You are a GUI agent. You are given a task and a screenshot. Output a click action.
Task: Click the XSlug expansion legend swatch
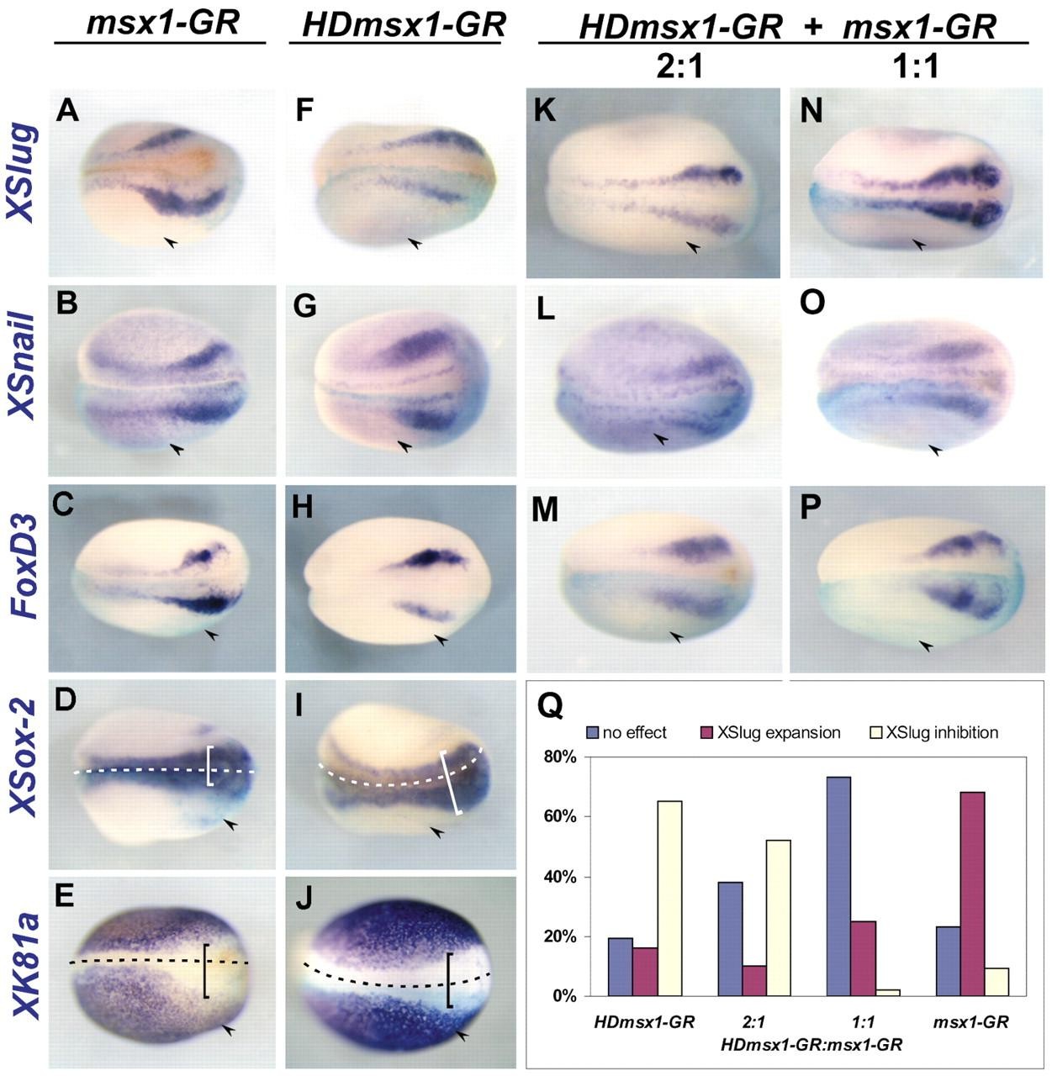pos(706,733)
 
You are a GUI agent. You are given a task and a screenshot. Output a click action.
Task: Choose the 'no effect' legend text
pos(634,733)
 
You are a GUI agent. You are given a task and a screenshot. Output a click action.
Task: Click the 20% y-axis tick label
pos(558,936)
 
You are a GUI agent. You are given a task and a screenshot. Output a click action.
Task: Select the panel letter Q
pos(551,709)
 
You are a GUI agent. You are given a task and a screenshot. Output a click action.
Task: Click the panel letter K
pos(544,109)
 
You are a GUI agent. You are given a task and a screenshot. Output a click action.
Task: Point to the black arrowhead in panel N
pos(919,244)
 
